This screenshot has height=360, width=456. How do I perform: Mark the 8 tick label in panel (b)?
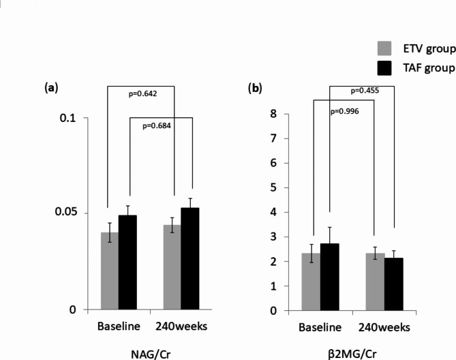[273, 114]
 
